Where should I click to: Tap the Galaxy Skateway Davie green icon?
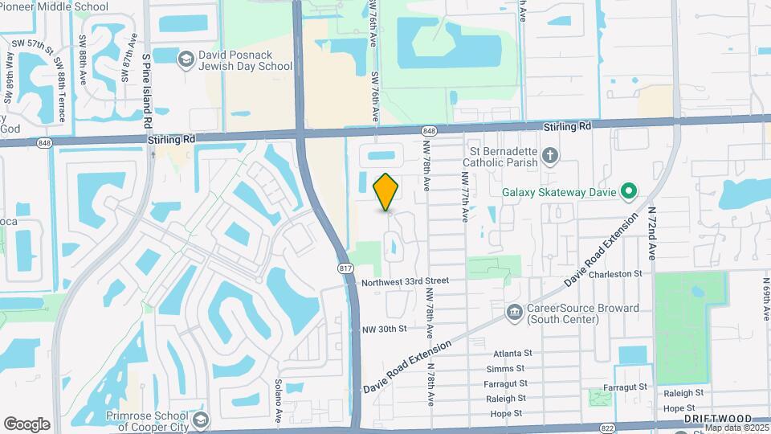[x=630, y=191]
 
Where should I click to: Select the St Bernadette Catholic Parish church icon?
[x=549, y=155]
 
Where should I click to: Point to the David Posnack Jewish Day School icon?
[x=186, y=59]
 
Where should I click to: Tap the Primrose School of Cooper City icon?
[x=200, y=420]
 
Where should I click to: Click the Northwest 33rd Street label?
[x=404, y=281]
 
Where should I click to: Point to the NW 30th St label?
[x=385, y=329]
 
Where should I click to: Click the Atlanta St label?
[x=513, y=353]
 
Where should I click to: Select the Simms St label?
[x=506, y=368]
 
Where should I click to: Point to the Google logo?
[x=27, y=424]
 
